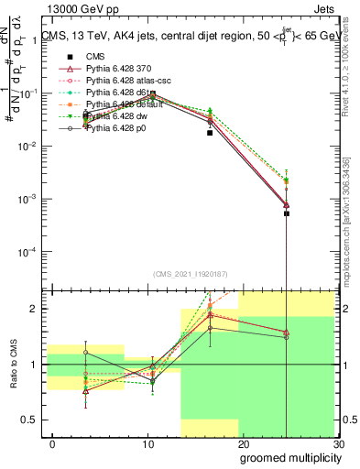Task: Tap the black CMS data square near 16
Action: pyautogui.click(x=210, y=133)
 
